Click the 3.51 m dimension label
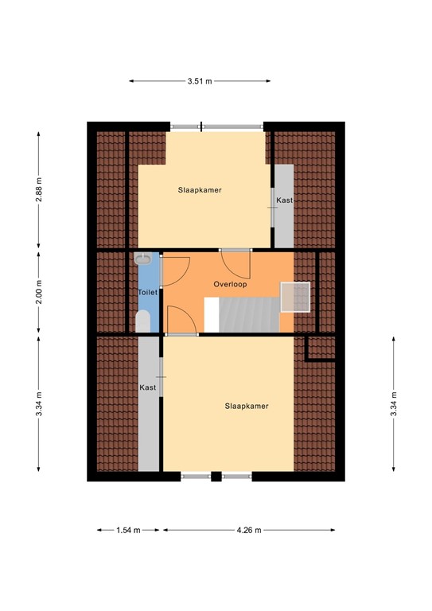pyautogui.click(x=200, y=80)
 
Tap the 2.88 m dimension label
pyautogui.click(x=38, y=189)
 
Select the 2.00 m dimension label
pyautogui.click(x=38, y=291)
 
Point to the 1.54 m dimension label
pyautogui.click(x=128, y=530)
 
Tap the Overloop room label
pyautogui.click(x=231, y=284)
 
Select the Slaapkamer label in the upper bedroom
pyautogui.click(x=199, y=190)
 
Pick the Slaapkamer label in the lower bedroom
pyautogui.click(x=247, y=406)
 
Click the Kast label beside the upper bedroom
pyautogui.click(x=284, y=200)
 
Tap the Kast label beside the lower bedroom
pyautogui.click(x=148, y=387)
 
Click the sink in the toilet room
pyautogui.click(x=144, y=259)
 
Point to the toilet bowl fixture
pyautogui.click(x=143, y=321)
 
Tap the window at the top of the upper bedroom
pyautogui.click(x=216, y=126)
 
